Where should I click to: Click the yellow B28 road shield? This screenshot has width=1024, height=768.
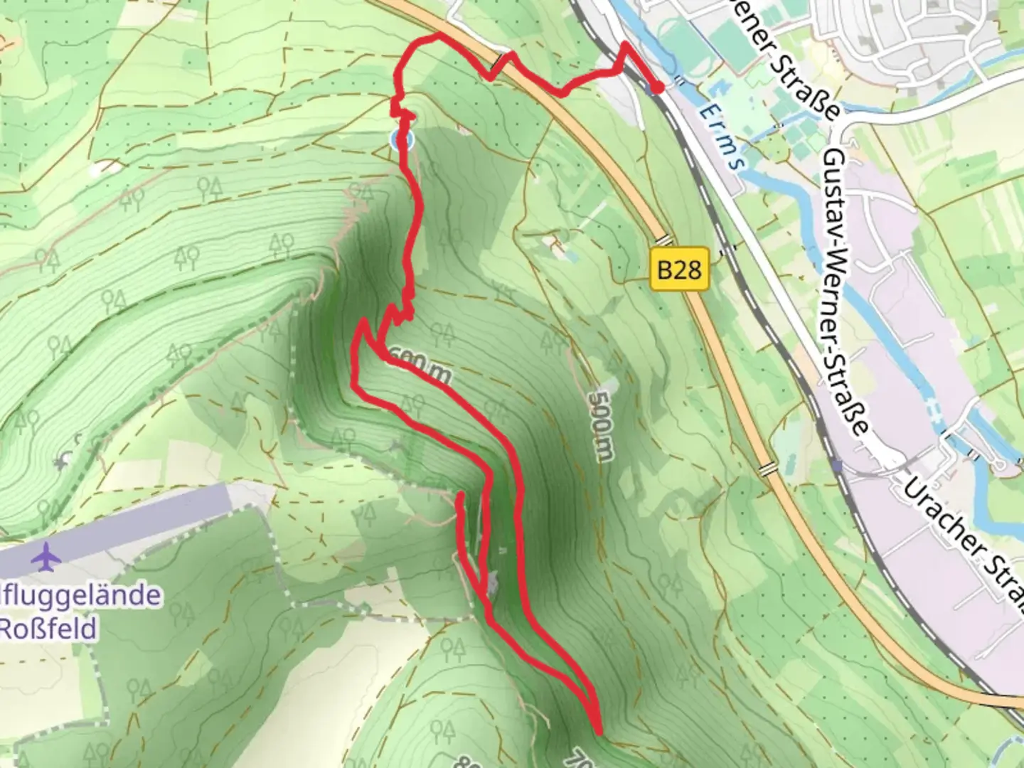coord(680,270)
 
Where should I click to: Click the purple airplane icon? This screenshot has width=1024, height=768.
coord(47,557)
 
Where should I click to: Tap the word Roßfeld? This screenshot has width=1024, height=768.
coord(48,629)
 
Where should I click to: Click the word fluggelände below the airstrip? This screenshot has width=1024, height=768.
coord(81,594)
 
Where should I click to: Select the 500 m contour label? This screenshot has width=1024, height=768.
coord(601,425)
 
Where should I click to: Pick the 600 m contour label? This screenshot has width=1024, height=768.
coord(425,368)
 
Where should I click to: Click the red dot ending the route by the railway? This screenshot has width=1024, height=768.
coord(658,87)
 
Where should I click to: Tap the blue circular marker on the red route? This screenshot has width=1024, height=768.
coord(402,140)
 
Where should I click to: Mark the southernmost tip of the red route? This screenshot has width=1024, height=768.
coord(599,730)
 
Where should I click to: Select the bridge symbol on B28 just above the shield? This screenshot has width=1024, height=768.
coord(664,240)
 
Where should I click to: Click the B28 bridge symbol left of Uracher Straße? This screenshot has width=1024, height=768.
coord(767,469)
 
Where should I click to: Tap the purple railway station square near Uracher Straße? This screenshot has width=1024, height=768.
coord(840,466)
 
